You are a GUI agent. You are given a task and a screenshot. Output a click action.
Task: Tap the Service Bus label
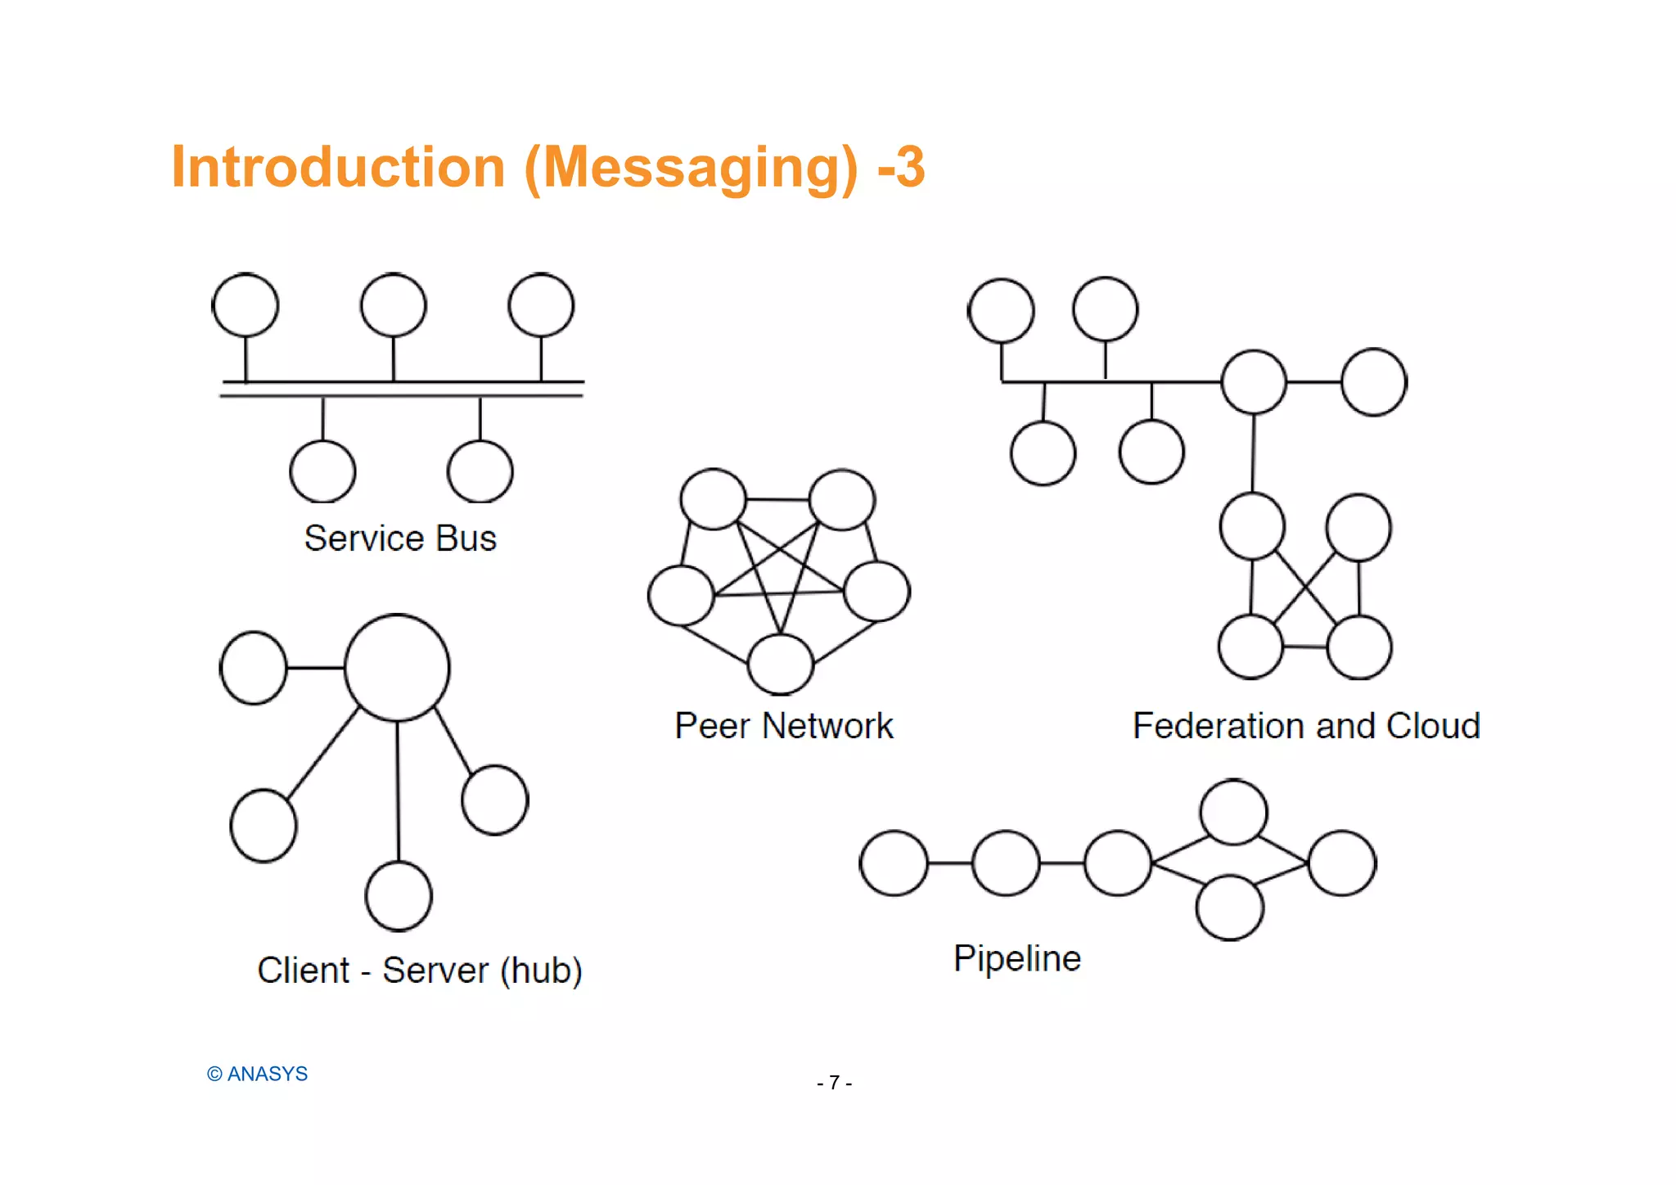[400, 538]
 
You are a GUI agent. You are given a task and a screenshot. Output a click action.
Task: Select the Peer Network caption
[783, 726]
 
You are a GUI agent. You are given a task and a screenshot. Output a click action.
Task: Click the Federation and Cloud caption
[1306, 726]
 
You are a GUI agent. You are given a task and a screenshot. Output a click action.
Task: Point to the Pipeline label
[1017, 958]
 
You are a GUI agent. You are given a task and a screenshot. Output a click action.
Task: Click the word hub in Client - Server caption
[541, 971]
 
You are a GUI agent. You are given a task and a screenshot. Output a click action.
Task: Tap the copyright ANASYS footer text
[257, 1074]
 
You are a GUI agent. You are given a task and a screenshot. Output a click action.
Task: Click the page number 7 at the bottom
[834, 1083]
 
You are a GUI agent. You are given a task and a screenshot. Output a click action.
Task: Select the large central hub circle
[397, 668]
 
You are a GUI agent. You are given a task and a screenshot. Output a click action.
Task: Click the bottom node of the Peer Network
[781, 664]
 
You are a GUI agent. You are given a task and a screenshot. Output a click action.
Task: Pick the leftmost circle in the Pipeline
[894, 863]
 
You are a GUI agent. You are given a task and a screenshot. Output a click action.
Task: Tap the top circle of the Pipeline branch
[1233, 812]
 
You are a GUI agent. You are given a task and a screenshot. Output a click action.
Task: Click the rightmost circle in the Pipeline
[1342, 863]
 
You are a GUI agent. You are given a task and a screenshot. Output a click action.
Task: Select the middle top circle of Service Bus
[394, 305]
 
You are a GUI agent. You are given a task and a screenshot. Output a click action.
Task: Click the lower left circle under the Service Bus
[322, 471]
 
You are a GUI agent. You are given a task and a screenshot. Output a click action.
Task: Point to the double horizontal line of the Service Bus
[401, 389]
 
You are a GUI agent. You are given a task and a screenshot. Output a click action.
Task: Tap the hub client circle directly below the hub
[399, 896]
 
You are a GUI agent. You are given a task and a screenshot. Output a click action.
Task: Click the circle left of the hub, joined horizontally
[254, 668]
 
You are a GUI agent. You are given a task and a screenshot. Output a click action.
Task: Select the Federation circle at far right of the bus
[1374, 382]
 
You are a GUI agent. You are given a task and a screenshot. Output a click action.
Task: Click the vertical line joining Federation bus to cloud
[1253, 454]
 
